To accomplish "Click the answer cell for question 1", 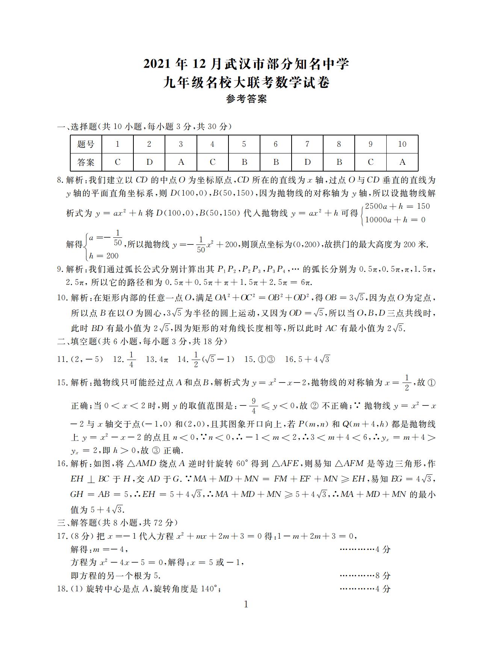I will pos(118,162).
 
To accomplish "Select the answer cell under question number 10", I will pos(402,162).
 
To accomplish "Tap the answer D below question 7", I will pos(307,162).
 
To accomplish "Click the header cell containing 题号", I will pos(86,144).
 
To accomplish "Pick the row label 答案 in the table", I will pos(86,162).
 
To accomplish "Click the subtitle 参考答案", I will pos(246,99).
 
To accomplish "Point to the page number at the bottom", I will pos(246,604).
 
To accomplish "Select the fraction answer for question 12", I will pos(131,359).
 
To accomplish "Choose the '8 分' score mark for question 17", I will pos(383,576).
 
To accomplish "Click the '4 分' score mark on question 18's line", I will pos(383,589).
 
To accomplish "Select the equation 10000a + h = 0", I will pos(395,220).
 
